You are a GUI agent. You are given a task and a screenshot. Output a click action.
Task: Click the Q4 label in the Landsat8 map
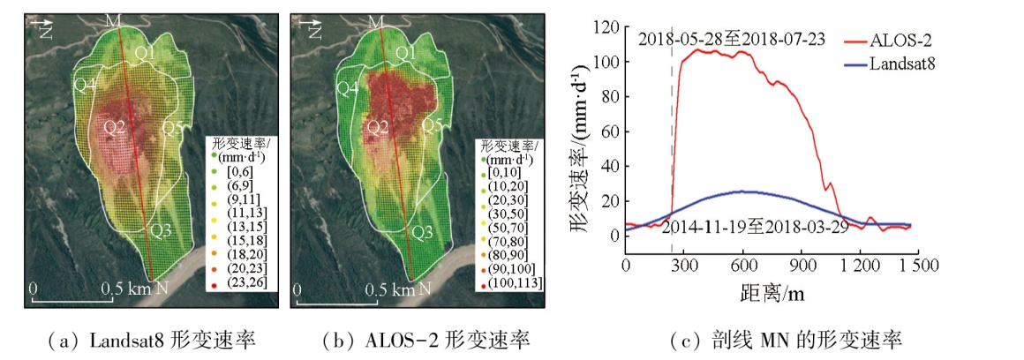click(x=85, y=85)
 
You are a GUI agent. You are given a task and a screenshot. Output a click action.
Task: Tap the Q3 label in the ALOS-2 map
click(x=422, y=232)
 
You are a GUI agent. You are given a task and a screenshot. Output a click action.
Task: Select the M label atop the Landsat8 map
click(x=112, y=20)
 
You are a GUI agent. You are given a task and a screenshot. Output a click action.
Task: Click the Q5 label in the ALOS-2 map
click(x=433, y=126)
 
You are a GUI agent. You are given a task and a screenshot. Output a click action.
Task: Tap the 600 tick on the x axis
click(x=743, y=265)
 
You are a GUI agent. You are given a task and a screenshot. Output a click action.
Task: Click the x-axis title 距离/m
click(x=770, y=291)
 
